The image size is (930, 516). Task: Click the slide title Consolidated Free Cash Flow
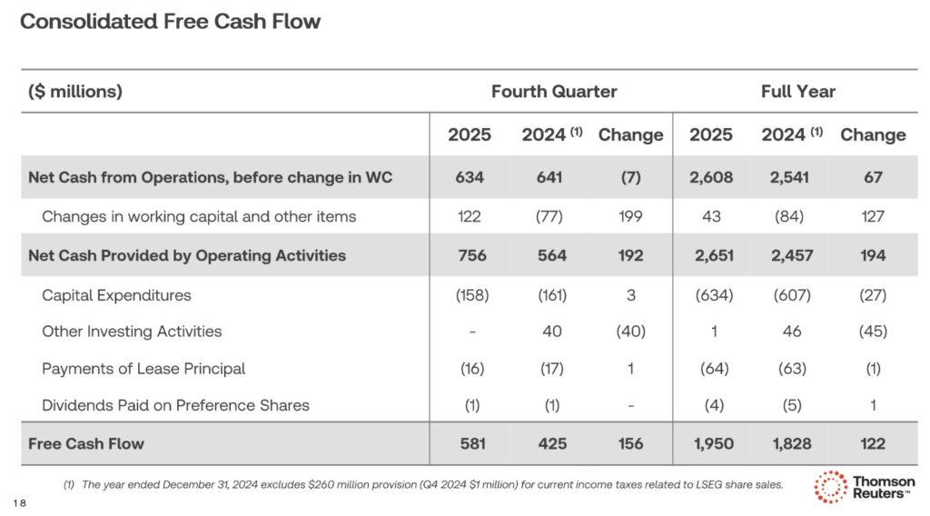click(x=170, y=22)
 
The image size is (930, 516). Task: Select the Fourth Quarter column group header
click(x=554, y=92)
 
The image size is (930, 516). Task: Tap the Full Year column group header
click(x=797, y=92)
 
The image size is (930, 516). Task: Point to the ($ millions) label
click(x=75, y=92)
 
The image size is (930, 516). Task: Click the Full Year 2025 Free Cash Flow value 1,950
click(x=710, y=444)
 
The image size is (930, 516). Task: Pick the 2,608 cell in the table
click(x=710, y=178)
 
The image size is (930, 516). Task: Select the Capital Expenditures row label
click(x=116, y=295)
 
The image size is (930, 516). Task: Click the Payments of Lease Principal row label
click(x=143, y=369)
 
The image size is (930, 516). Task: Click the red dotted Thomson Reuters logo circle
click(x=830, y=487)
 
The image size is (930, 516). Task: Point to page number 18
click(x=21, y=502)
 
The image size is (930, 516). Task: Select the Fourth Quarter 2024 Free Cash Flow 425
click(x=551, y=444)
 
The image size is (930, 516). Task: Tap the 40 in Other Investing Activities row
click(x=551, y=332)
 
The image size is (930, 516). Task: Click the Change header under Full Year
click(x=872, y=135)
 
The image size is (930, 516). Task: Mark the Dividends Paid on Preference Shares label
click(x=175, y=405)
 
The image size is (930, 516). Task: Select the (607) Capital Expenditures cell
click(x=791, y=295)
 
